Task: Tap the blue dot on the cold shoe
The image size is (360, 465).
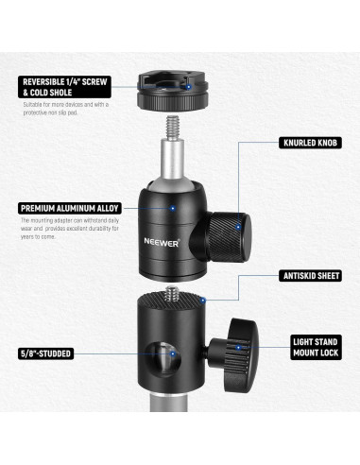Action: tap(194, 86)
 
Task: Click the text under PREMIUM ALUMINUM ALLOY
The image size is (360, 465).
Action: tap(72, 231)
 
